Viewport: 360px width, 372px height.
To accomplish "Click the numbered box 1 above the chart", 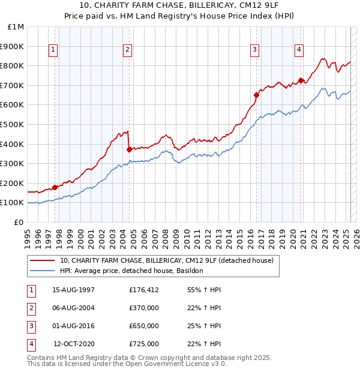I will pyautogui.click(x=53, y=50).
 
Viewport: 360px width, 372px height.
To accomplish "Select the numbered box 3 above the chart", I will pyautogui.click(x=255, y=50).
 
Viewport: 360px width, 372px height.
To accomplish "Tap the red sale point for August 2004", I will pyautogui.click(x=129, y=150).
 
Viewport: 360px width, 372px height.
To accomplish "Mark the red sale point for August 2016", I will pyautogui.click(x=256, y=95).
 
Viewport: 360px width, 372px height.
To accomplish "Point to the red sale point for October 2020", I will pyautogui.click(x=301, y=80).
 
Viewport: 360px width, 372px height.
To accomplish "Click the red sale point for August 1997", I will pyautogui.click(x=55, y=187).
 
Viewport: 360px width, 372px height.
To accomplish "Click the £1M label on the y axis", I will pyautogui.click(x=16, y=27).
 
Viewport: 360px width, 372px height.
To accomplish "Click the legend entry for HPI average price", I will pyautogui.click(x=131, y=271).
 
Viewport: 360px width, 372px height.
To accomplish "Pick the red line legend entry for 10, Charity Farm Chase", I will pyautogui.click(x=166, y=260).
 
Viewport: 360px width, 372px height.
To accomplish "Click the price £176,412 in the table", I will pyautogui.click(x=144, y=290).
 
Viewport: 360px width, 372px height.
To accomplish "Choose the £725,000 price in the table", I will pyautogui.click(x=144, y=344).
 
